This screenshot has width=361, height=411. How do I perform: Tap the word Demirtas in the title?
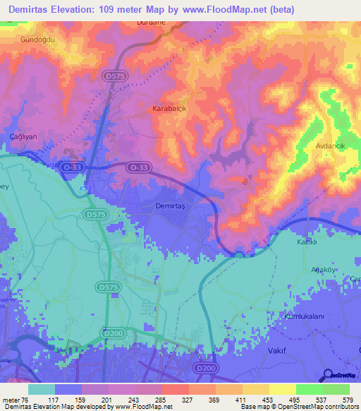pyautogui.click(x=27, y=8)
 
